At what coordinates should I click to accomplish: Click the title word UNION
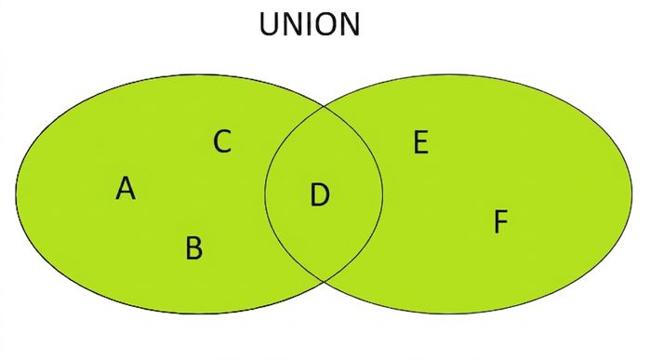[x=310, y=24]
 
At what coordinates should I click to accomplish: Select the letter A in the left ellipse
[x=126, y=188]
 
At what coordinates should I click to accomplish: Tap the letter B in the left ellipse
[x=194, y=247]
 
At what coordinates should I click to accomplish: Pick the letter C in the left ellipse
[x=222, y=141]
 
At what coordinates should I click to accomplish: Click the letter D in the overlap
[x=320, y=195]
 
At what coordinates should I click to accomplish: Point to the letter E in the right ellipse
[x=420, y=142]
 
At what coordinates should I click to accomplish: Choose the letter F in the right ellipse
[x=501, y=221]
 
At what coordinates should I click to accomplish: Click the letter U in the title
[x=270, y=24]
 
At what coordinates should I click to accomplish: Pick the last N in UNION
[x=351, y=24]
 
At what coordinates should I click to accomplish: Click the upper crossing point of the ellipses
[x=325, y=107]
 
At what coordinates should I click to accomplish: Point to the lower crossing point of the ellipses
[x=325, y=281]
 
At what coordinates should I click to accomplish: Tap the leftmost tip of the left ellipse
[x=16, y=194]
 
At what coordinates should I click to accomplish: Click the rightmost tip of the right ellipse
[x=632, y=194]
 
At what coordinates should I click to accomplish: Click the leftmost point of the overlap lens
[x=265, y=194]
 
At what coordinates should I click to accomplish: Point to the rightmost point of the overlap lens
[x=383, y=194]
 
